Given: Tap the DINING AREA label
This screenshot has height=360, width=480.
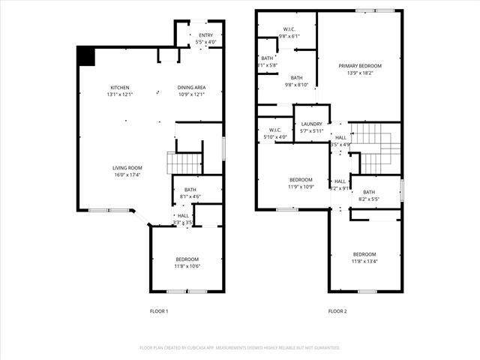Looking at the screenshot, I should click(191, 88).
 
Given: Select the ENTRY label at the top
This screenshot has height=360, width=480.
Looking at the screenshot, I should click(205, 35).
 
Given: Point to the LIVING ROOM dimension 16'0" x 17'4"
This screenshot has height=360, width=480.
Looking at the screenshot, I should click(127, 175).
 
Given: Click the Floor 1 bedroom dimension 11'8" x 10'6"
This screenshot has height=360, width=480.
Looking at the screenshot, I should click(187, 265).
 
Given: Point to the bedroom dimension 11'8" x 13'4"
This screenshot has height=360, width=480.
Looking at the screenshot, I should click(364, 260).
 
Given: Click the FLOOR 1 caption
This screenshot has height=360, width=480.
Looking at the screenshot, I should click(158, 311).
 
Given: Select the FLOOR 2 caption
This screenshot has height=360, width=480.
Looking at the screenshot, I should click(337, 311).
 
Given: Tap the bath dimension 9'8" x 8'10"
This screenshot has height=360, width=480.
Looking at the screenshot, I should click(296, 85).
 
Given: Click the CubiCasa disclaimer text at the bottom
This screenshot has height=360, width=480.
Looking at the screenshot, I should click(240, 348).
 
